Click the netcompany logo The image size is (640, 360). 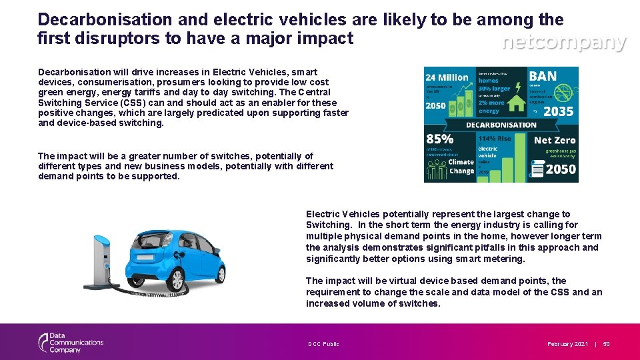[x=563, y=43]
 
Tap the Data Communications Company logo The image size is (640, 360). [x=70, y=343]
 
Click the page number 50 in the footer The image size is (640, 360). [x=606, y=344]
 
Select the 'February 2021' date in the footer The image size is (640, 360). [x=567, y=344]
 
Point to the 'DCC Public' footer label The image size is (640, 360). [x=323, y=344]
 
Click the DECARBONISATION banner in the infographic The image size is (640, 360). [x=501, y=125]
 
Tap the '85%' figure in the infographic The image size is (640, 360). [x=440, y=139]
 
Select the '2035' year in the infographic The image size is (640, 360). [x=558, y=111]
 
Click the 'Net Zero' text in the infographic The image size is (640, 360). [x=555, y=141]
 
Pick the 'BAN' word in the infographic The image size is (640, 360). [x=543, y=77]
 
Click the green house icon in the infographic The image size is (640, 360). [x=515, y=103]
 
